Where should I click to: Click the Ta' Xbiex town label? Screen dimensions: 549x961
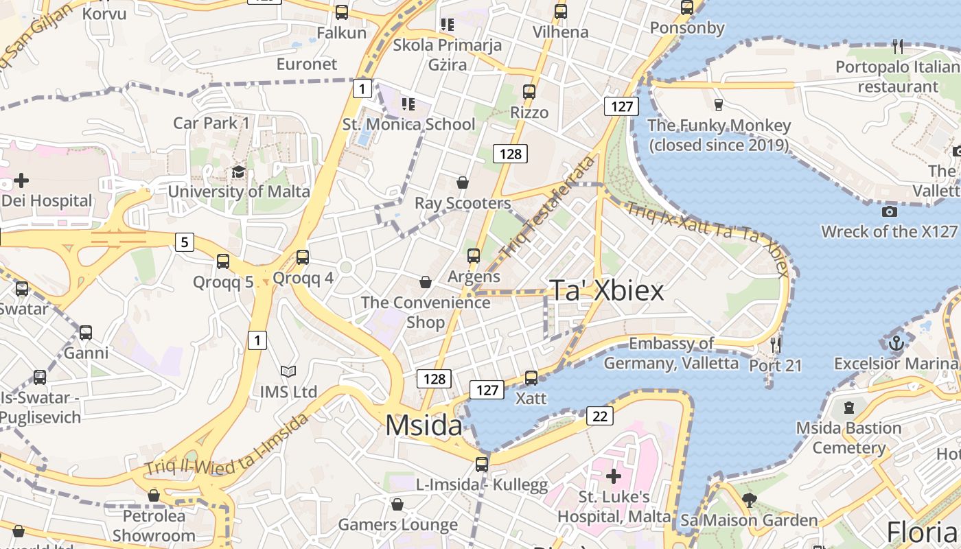[607, 291]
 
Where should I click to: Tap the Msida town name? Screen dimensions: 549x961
[424, 425]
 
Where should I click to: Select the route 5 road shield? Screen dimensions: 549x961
[184, 242]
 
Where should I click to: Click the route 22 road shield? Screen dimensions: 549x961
[600, 416]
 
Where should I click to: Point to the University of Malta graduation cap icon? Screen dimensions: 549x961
[238, 172]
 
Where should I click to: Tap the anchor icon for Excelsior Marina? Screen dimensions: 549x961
[896, 342]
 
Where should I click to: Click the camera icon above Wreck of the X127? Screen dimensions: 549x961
[890, 211]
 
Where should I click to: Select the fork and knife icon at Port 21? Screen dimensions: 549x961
[776, 344]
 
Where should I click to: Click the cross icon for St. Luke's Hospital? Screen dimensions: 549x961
[613, 476]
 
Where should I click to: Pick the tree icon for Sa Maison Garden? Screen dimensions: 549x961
[749, 500]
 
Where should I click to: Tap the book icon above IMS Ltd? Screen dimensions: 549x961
[288, 372]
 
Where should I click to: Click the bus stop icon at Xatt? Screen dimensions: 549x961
[531, 377]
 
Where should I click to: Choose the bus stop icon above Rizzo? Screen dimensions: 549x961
[529, 91]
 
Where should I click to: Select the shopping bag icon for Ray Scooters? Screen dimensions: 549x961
[463, 183]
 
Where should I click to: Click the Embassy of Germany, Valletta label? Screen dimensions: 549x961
[671, 353]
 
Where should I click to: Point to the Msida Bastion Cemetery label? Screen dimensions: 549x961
[848, 438]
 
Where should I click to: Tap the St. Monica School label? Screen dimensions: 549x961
[408, 124]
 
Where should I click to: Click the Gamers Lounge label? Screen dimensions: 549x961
[397, 525]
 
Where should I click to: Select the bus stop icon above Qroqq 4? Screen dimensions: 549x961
[303, 257]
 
